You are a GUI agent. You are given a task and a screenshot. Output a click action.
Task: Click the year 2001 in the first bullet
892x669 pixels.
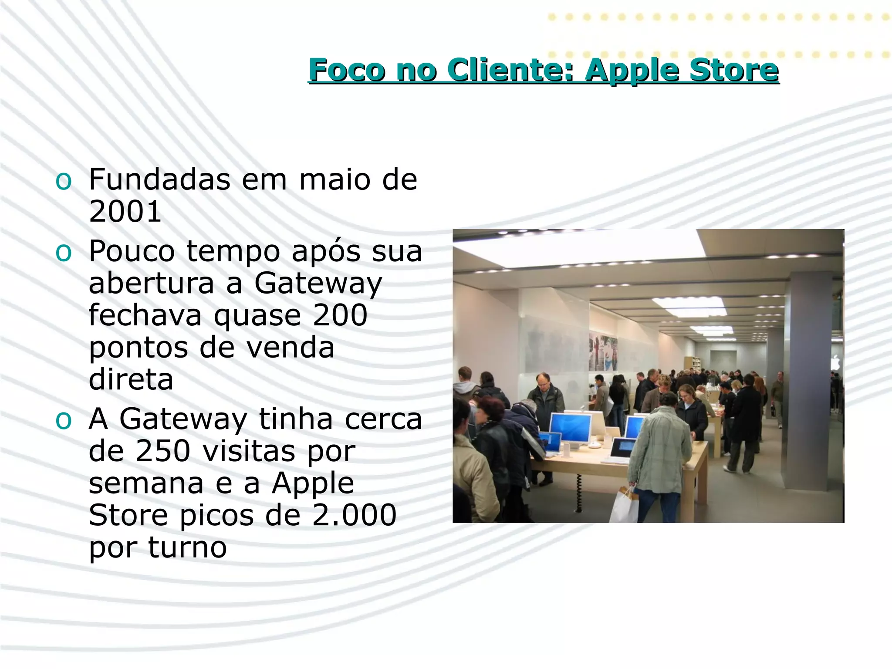tap(125, 212)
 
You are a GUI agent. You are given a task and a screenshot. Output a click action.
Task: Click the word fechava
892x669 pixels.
tap(145, 315)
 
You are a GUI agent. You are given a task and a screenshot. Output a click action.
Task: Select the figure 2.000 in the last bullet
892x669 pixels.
tap(354, 515)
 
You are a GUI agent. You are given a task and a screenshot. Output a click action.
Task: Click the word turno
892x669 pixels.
tap(187, 547)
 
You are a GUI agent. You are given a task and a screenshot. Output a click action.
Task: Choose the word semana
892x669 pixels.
tap(146, 483)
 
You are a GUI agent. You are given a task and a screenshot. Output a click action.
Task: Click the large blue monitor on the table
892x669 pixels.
tap(570, 427)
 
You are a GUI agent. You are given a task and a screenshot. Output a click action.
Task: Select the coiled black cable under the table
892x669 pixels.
tap(579, 492)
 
